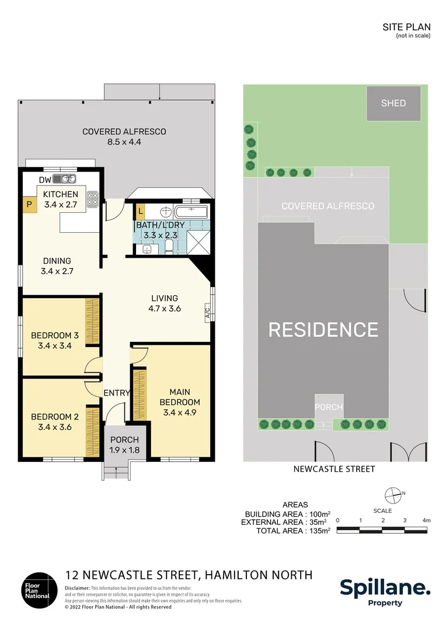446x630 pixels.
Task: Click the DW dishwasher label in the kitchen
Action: (x=45, y=180)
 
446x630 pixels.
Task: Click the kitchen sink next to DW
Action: (x=65, y=179)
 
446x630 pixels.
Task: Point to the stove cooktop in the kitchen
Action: (x=92, y=199)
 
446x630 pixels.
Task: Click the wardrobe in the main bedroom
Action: (x=139, y=394)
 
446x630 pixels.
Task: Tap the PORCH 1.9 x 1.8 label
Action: (x=124, y=444)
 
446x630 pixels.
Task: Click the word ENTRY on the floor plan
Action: (x=116, y=393)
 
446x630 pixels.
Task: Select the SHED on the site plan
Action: (x=393, y=103)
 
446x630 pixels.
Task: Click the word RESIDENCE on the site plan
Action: (x=323, y=330)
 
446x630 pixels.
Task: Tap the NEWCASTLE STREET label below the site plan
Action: (x=334, y=468)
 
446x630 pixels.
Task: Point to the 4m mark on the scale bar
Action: (x=426, y=520)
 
